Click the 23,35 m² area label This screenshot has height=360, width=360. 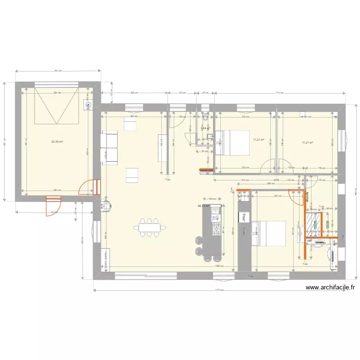click(57, 142)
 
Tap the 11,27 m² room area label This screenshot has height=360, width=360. click(259, 140)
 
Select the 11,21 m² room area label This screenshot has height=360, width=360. click(308, 142)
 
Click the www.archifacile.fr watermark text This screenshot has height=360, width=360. click(331, 288)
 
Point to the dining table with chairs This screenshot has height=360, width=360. click(149, 228)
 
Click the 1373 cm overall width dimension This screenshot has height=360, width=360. click(220, 290)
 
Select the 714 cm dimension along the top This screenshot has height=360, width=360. click(279, 93)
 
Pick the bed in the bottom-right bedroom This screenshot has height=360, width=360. click(269, 233)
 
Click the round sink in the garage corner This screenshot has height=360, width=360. click(88, 105)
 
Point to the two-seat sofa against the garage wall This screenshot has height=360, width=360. click(109, 147)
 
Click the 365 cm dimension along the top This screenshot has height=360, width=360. click(135, 93)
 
